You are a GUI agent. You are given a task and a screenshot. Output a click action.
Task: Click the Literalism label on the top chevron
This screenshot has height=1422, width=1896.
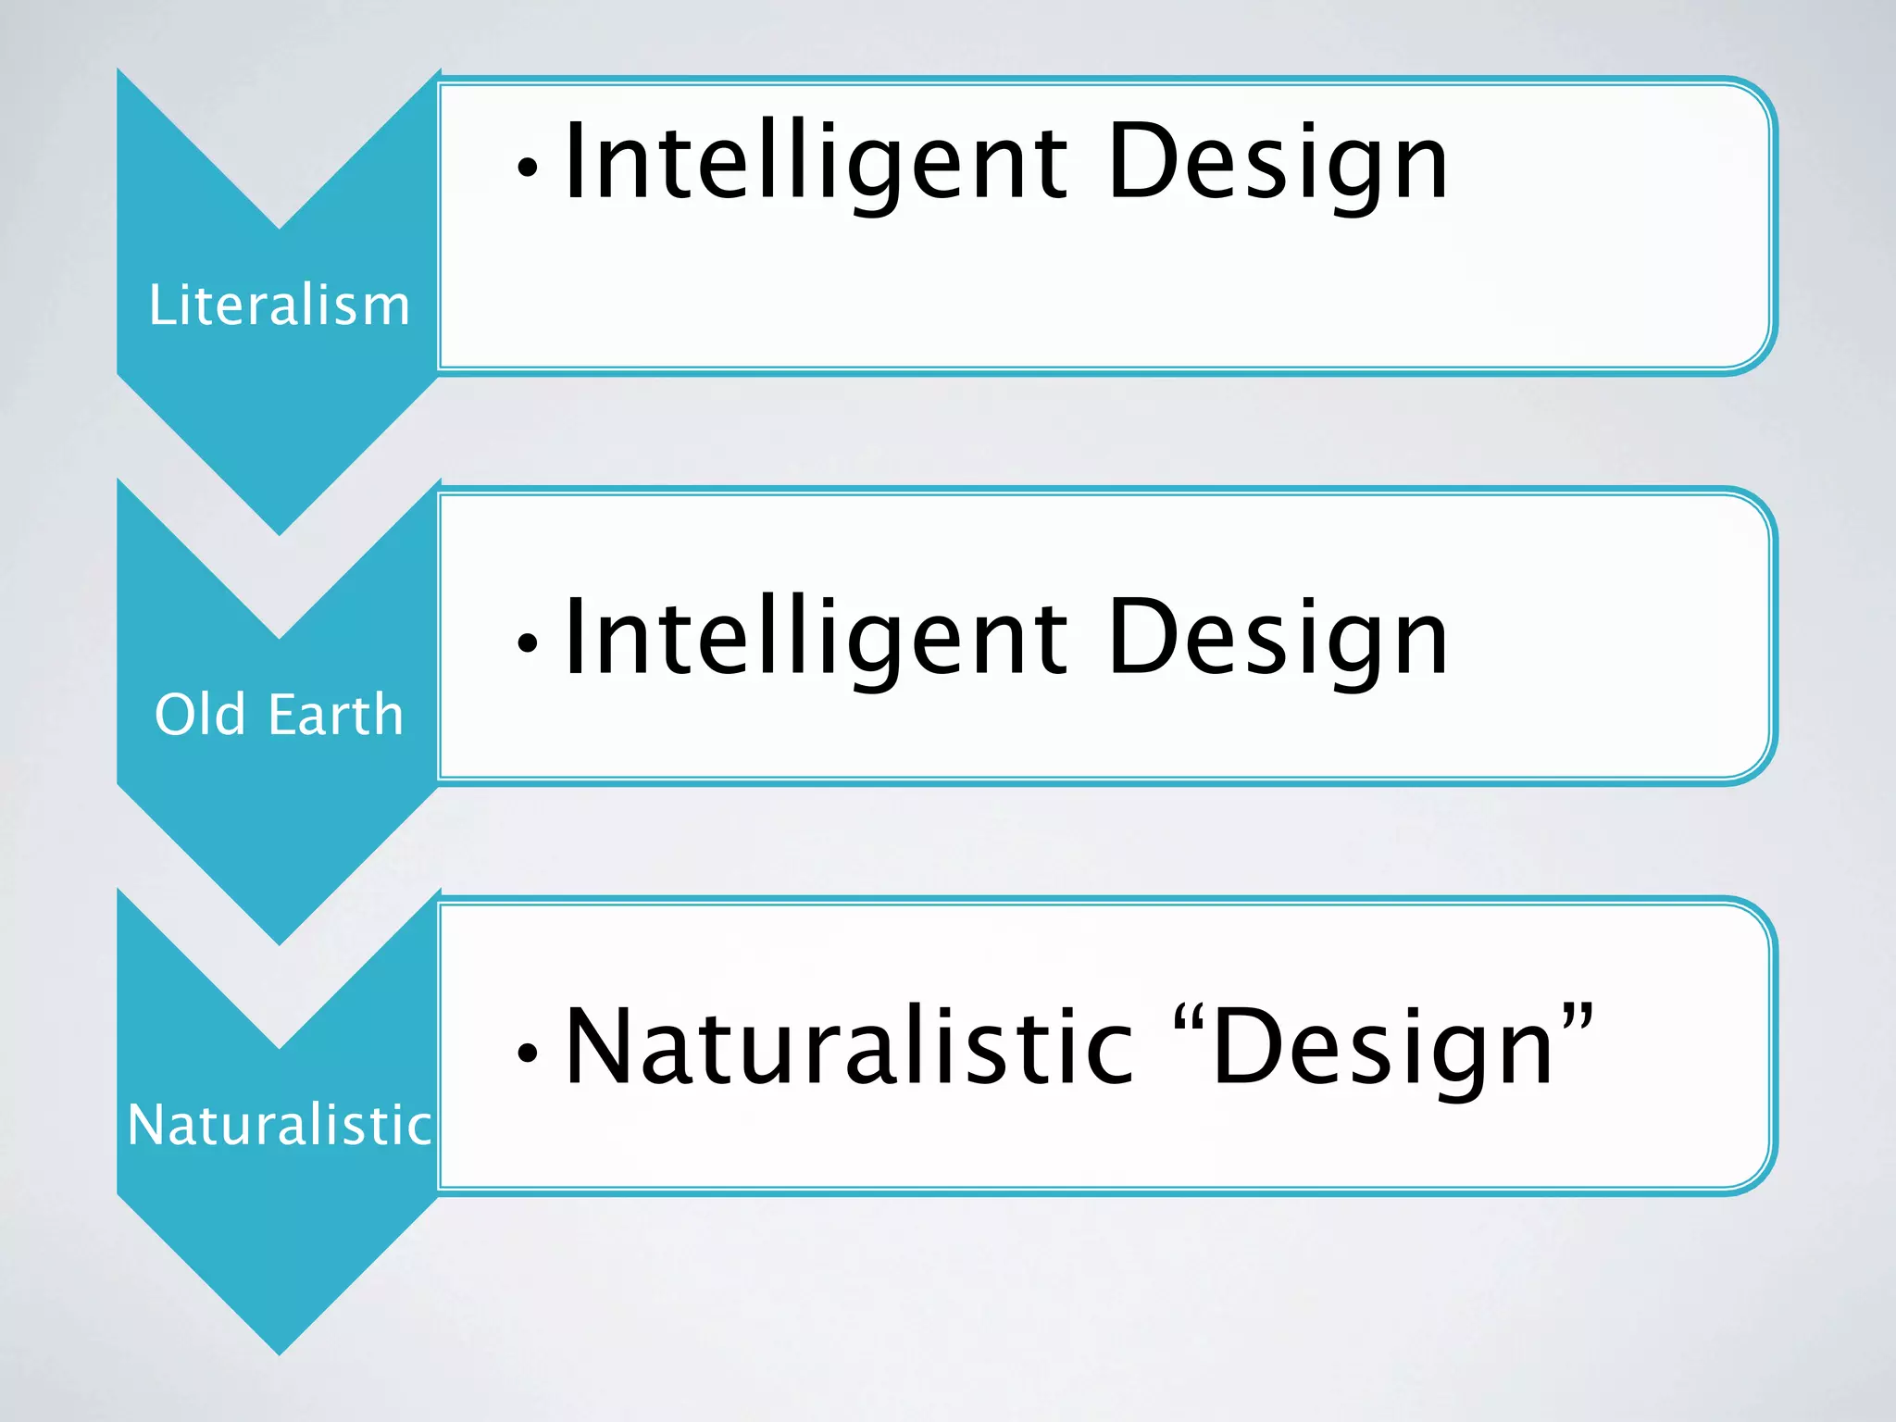pyautogui.click(x=280, y=305)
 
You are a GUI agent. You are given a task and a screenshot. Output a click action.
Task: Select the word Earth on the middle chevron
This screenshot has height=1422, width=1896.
pyautogui.click(x=336, y=714)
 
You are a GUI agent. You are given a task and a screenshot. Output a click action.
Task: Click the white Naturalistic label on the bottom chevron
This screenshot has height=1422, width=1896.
pyautogui.click(x=280, y=1125)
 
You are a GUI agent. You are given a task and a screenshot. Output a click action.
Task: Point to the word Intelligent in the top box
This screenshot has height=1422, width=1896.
pyautogui.click(x=816, y=162)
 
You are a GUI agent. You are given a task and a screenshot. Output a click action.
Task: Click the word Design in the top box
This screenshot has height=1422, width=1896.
pyautogui.click(x=1278, y=162)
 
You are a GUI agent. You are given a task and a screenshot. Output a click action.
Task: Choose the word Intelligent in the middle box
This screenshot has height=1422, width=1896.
pyautogui.click(x=816, y=638)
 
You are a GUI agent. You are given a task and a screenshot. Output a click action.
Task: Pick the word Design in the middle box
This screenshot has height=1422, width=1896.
pyautogui.click(x=1278, y=638)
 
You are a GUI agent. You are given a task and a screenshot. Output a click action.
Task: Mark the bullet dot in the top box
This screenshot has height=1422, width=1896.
pyautogui.click(x=528, y=168)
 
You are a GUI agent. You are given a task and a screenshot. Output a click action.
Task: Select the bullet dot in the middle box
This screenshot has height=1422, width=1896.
pyautogui.click(x=528, y=642)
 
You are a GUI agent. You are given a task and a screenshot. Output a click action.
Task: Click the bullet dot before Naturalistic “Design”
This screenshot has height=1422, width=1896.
pyautogui.click(x=528, y=1053)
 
